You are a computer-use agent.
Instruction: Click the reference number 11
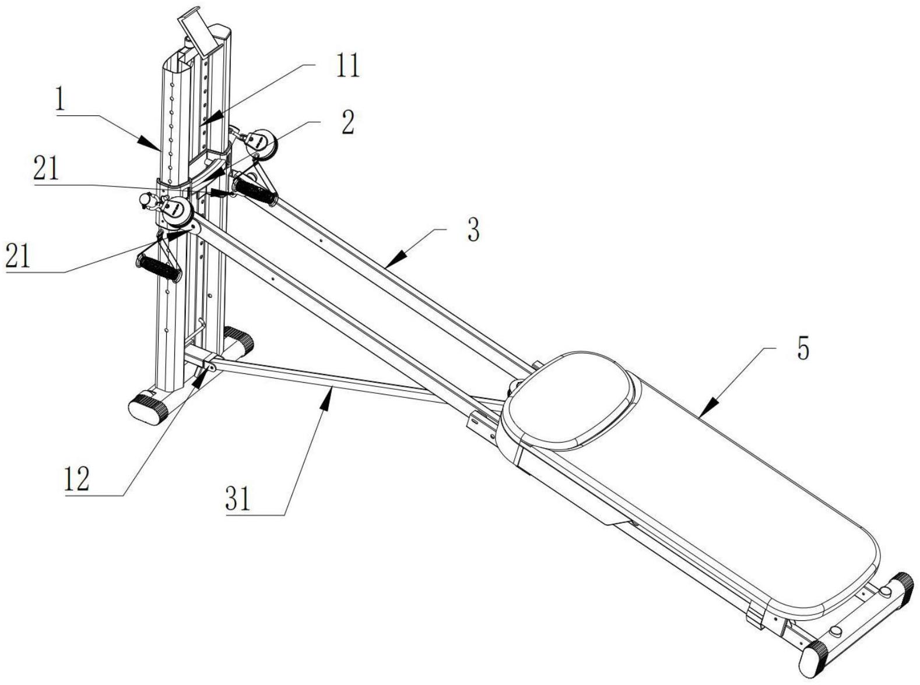pyautogui.click(x=347, y=66)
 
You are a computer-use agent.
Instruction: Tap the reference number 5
pyautogui.click(x=803, y=349)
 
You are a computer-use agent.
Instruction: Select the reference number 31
pyautogui.click(x=238, y=499)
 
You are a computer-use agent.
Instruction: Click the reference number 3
pyautogui.click(x=473, y=231)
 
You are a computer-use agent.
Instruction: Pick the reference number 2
pyautogui.click(x=347, y=122)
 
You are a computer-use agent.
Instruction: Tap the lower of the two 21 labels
pyautogui.click(x=17, y=256)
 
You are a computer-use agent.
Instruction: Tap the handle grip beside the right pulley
pyautogui.click(x=255, y=192)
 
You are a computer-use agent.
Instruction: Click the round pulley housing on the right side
pyautogui.click(x=260, y=142)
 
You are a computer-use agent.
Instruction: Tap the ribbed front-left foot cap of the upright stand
pyautogui.click(x=149, y=408)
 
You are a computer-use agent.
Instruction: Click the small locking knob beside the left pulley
pyautogui.click(x=145, y=200)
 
